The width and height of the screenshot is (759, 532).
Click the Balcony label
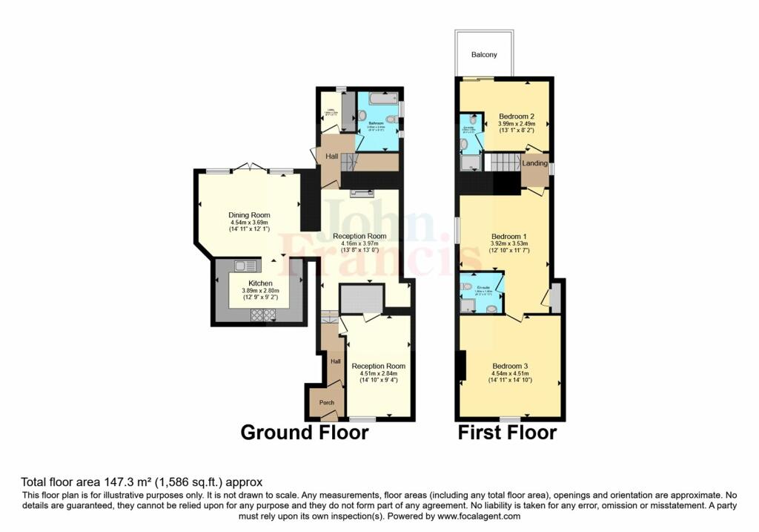[484, 55]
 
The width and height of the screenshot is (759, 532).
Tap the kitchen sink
[245, 266]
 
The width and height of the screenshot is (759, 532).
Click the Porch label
[326, 402]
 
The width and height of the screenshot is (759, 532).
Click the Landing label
[534, 163]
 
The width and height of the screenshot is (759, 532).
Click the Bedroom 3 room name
[510, 366]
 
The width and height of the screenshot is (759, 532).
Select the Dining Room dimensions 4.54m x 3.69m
[249, 223]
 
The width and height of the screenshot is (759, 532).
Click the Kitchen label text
[260, 283]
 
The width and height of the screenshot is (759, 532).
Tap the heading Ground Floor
[304, 433]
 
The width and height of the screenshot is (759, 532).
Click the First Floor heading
[507, 433]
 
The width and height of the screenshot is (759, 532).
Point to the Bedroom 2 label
[516, 116]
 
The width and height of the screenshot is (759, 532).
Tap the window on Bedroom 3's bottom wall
[509, 419]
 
